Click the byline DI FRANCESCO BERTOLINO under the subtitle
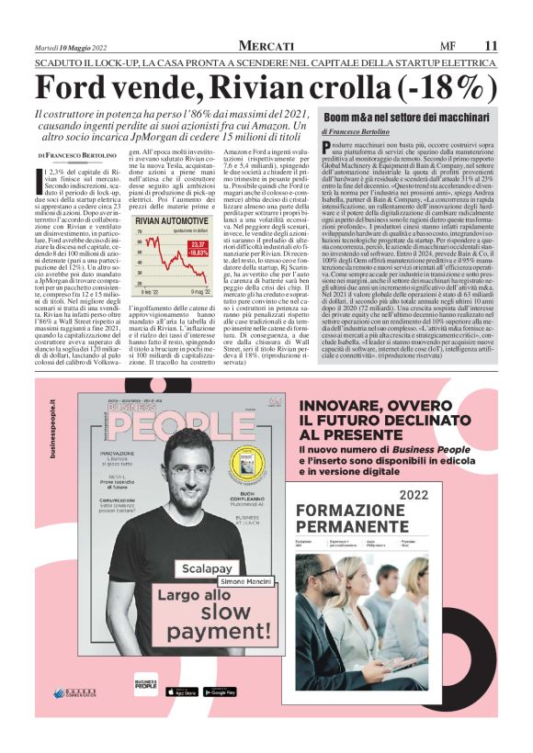pyautogui.click(x=78, y=158)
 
